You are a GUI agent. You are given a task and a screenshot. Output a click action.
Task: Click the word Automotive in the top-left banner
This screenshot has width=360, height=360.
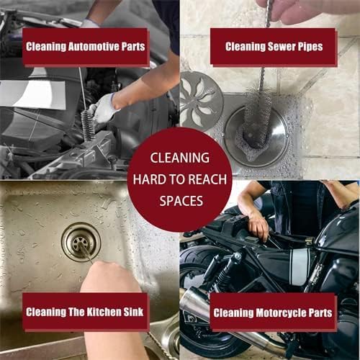tap(86, 48)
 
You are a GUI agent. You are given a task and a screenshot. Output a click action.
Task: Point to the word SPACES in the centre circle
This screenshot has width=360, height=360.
tap(179, 201)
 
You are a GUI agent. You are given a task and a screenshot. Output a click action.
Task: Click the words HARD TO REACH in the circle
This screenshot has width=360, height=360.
tap(179, 179)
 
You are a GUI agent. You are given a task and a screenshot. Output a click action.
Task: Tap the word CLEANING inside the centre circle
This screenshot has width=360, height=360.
tap(179, 156)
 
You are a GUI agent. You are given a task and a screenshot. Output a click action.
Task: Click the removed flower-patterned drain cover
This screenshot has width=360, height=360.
tap(201, 101)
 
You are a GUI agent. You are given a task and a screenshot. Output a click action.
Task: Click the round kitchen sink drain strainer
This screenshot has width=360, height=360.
tap(80, 241)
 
